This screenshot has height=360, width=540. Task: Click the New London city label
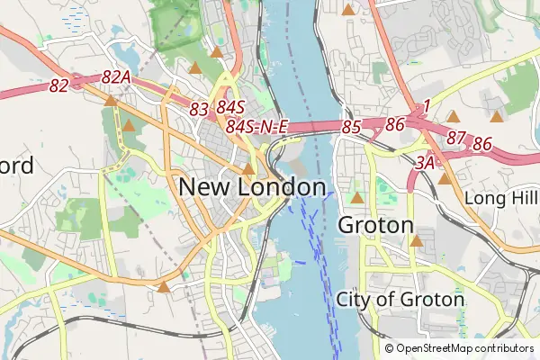pos(252,187)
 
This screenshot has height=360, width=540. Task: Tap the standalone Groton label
pos(375,225)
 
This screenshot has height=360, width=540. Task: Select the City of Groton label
pos(400,299)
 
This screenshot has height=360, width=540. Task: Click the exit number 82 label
pos(59,85)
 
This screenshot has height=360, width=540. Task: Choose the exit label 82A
pos(117,78)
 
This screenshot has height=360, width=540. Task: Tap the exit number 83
pos(200,108)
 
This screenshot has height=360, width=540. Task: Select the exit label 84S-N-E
pos(256,127)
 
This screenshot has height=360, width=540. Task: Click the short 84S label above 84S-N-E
pos(230,107)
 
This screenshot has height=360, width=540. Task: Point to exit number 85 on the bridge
pos(351,128)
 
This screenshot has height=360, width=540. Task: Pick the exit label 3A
pos(426,163)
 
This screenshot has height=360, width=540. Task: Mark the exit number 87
pos(456,138)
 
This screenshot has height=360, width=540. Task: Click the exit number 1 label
pos(426,106)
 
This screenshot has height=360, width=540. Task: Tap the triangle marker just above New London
pos(248,168)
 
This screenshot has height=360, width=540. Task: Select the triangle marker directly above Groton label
pos(357,197)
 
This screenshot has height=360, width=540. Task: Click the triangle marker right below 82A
pos(110,101)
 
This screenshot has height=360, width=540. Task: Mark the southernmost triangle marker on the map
pos(163,287)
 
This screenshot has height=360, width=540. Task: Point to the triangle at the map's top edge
pos(347,8)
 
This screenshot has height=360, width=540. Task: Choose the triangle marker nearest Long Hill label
pos(445,178)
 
